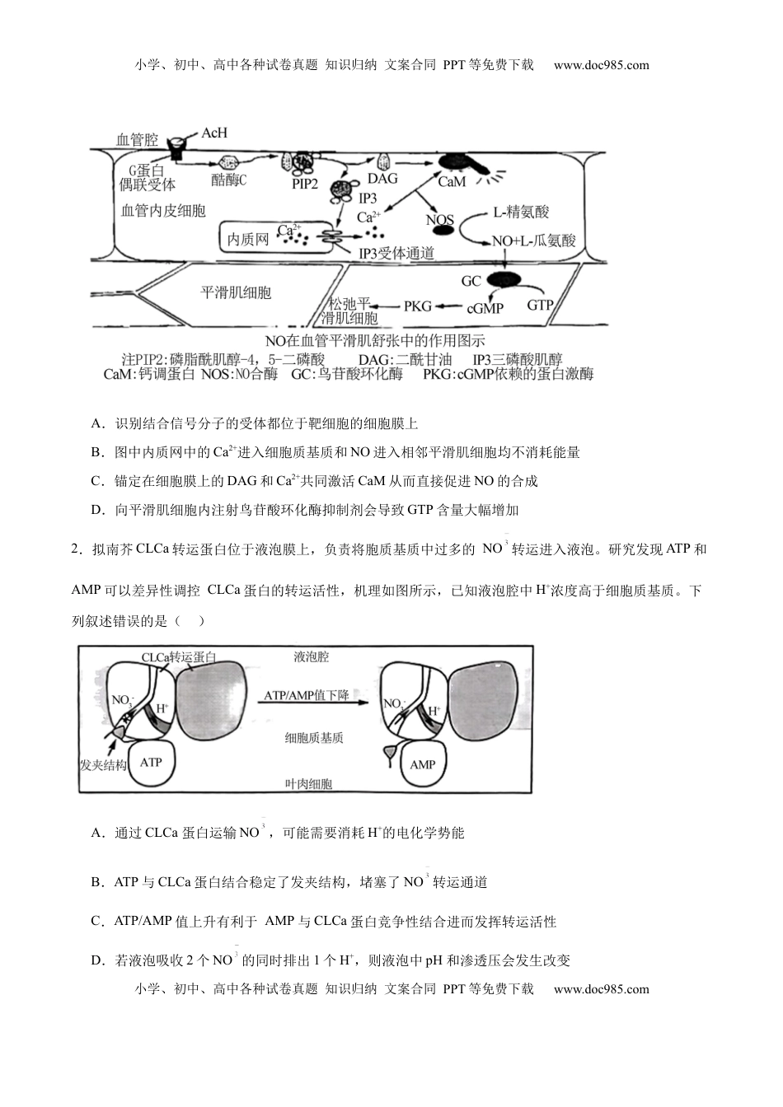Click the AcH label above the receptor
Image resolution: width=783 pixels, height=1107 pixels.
(x=214, y=133)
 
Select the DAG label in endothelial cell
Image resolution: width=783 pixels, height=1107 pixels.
(x=382, y=179)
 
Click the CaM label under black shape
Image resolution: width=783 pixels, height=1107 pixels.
(x=451, y=182)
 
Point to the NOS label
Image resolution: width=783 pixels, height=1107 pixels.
(x=440, y=220)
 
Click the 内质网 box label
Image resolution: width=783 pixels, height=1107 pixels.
(x=248, y=239)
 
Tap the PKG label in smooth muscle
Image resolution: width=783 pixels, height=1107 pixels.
(x=418, y=306)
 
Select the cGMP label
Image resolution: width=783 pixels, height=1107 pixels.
(x=485, y=308)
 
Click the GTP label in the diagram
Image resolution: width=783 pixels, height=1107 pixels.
(x=540, y=305)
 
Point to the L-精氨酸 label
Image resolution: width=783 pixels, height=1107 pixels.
(x=521, y=212)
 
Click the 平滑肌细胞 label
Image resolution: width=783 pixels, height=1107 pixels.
(x=237, y=292)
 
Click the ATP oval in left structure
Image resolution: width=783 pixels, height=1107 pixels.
(x=151, y=762)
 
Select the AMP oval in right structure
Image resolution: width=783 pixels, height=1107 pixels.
(x=422, y=764)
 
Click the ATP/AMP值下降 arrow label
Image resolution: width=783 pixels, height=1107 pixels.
(x=307, y=695)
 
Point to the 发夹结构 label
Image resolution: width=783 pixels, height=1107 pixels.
(x=103, y=765)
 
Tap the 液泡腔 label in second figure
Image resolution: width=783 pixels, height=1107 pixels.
(x=311, y=657)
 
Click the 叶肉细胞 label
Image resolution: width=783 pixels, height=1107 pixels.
(x=307, y=784)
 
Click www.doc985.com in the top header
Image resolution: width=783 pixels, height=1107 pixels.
(x=601, y=65)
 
